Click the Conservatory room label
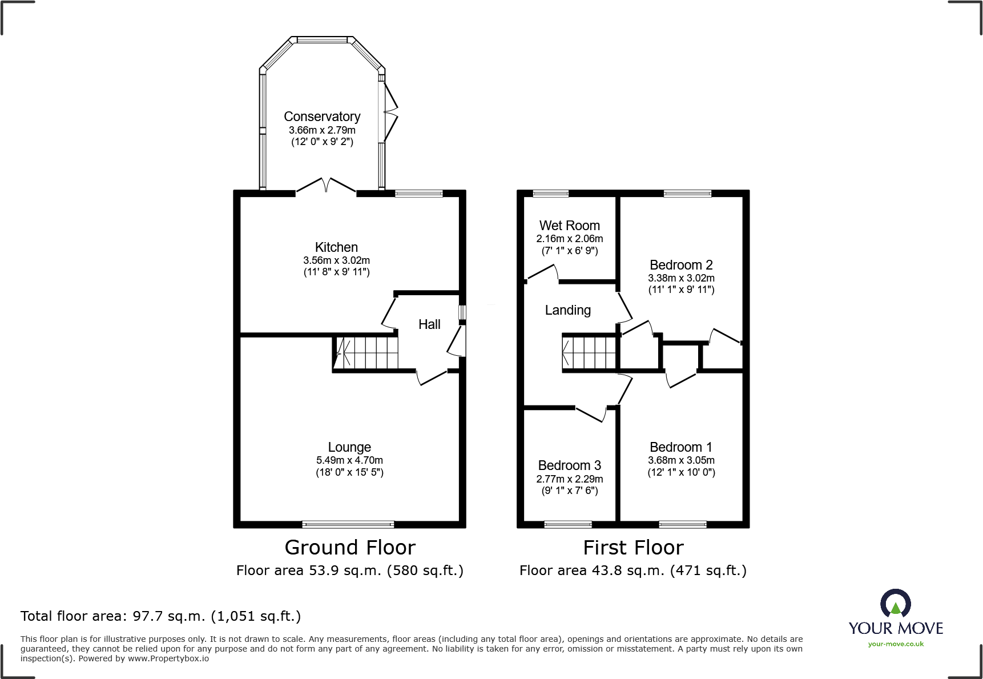tap(322, 116)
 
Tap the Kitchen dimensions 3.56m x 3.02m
tap(336, 260)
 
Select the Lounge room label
tap(349, 447)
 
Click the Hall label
tap(429, 324)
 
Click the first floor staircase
tap(590, 353)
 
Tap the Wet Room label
tap(569, 226)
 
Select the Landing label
tap(567, 310)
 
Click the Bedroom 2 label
tap(681, 265)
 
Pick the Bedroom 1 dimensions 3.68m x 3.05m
tap(681, 460)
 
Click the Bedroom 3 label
tap(569, 465)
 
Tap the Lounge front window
tap(348, 524)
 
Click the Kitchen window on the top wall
tap(418, 194)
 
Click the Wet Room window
tap(551, 194)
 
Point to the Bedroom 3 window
tap(567, 524)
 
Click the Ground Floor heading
tap(350, 548)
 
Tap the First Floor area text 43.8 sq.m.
tap(632, 570)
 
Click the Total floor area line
tap(160, 616)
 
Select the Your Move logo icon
tap(895, 604)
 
